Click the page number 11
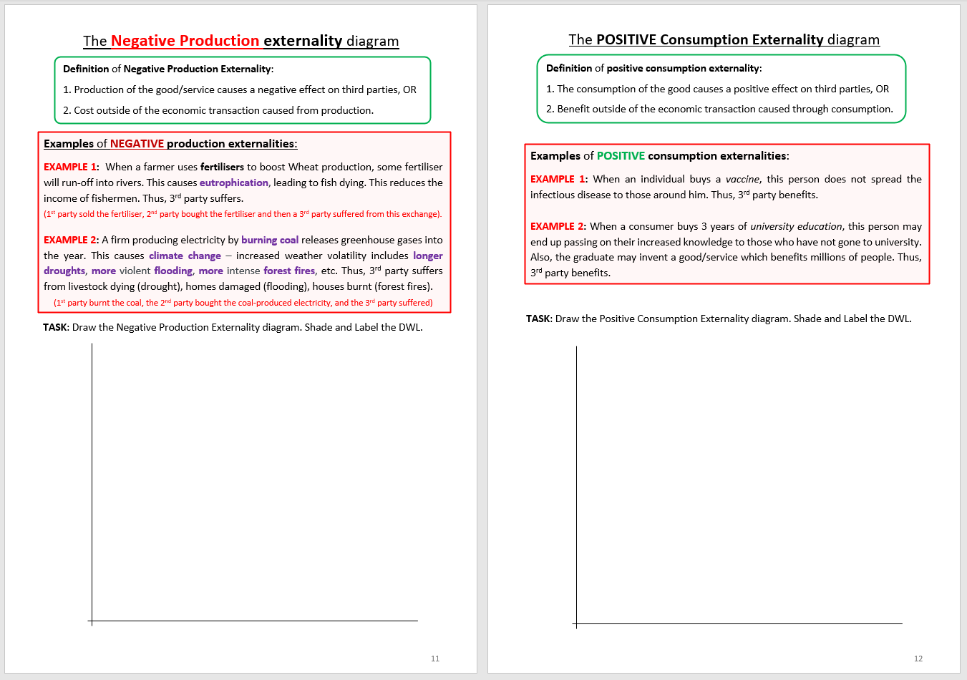point(435,659)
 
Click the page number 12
point(918,659)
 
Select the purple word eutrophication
point(234,183)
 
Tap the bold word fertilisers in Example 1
point(222,167)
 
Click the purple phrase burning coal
point(270,240)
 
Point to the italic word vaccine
point(742,179)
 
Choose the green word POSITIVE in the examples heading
point(621,156)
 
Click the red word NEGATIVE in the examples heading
point(137,144)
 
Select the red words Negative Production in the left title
point(185,41)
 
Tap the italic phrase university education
point(796,226)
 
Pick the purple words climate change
point(185,256)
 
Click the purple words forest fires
point(289,271)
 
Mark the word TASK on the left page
point(55,327)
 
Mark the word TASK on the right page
point(538,319)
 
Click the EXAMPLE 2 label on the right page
point(557,226)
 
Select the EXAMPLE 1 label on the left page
point(70,167)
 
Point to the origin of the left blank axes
point(92,621)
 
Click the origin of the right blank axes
point(576,624)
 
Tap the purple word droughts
point(64,271)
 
